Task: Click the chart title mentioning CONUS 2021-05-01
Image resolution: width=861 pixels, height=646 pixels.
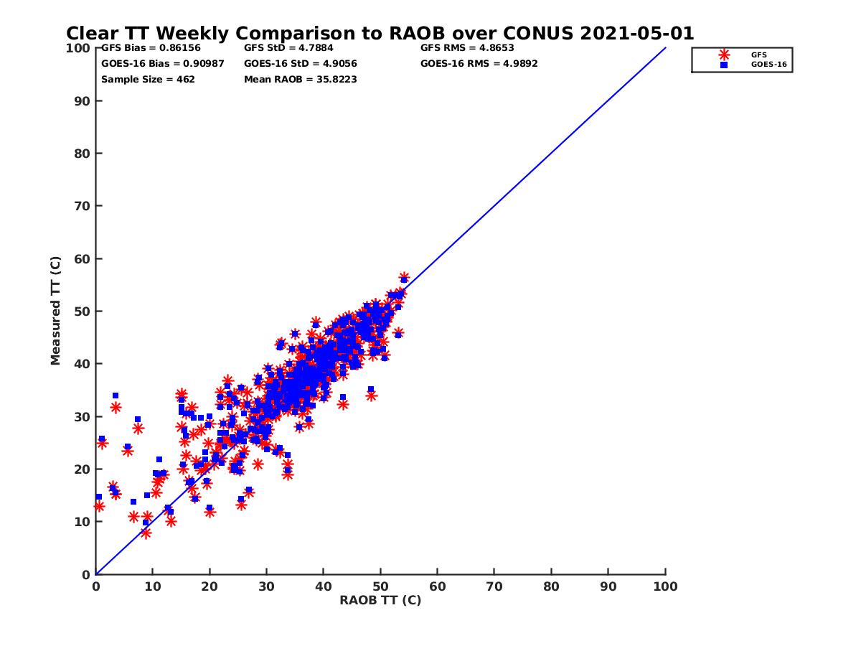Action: [380, 33]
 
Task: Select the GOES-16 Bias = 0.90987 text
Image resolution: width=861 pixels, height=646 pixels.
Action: [162, 63]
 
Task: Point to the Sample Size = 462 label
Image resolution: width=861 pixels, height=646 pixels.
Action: [148, 79]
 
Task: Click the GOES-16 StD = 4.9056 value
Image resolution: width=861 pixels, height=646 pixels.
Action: [301, 63]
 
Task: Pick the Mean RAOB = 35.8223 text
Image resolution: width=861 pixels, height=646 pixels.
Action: [301, 79]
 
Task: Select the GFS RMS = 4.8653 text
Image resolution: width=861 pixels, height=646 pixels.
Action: [467, 48]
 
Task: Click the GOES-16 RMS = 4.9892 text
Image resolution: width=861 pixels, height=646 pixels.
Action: [479, 63]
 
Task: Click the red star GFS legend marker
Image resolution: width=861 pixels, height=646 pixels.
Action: [724, 55]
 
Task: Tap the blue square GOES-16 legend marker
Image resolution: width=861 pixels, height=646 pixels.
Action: [724, 65]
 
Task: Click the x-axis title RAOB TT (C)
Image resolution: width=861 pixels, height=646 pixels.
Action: [380, 600]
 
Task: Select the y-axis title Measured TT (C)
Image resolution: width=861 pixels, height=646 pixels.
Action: [55, 312]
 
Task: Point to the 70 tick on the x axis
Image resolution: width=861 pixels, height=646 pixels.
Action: [494, 586]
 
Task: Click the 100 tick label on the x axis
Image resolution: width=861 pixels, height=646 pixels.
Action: [666, 586]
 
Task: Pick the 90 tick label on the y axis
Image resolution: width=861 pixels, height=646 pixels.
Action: [84, 100]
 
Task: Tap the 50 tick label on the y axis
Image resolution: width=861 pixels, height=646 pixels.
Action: [84, 312]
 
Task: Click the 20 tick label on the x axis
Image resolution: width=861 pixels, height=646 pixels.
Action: [210, 586]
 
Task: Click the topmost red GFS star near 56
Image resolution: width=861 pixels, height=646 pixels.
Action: [404, 277]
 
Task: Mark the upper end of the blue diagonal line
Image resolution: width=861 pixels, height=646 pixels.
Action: [666, 48]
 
